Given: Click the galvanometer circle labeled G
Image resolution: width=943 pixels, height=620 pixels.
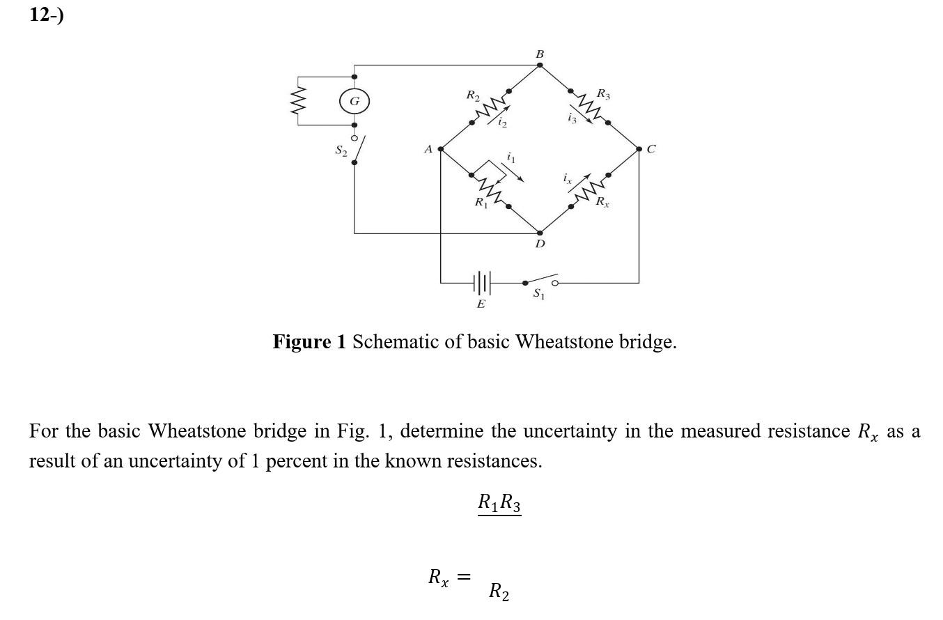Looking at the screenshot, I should [x=354, y=102].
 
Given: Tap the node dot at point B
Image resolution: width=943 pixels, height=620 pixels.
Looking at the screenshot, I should [x=540, y=65].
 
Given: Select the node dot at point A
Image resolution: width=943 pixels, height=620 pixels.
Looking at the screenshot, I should [x=440, y=149].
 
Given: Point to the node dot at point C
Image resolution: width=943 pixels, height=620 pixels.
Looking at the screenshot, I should [x=639, y=149].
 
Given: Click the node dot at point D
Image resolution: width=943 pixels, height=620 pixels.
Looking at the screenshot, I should [x=540, y=233].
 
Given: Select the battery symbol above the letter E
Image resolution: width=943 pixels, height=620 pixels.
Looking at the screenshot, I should [x=482, y=283].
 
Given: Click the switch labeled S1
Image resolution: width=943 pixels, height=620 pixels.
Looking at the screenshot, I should [x=540, y=282].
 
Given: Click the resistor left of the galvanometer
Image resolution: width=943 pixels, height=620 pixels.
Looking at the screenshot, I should [x=299, y=101].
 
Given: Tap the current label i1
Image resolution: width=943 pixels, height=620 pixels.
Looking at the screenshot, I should [x=512, y=158].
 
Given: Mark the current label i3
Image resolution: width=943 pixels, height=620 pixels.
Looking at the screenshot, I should [x=572, y=118].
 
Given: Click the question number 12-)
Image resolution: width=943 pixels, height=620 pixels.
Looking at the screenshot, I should [x=46, y=15].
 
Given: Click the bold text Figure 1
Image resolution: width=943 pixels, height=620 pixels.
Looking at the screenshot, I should [x=309, y=342].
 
